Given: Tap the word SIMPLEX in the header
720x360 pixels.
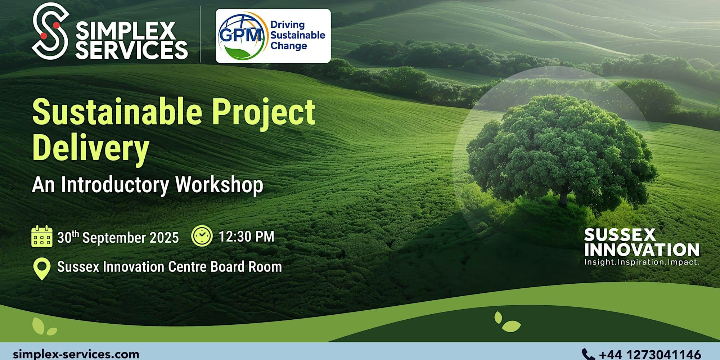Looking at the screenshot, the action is coord(126,31).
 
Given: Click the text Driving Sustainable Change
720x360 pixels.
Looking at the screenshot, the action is coord(298,35).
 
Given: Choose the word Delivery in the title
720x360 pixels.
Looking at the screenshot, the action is coord(91,149).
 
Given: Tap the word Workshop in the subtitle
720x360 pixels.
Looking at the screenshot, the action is coord(219,185).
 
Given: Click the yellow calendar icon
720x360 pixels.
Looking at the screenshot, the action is coord(42,237).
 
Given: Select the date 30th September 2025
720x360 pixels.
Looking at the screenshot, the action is coord(118,237).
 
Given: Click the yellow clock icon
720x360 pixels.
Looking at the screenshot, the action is coord(202,236).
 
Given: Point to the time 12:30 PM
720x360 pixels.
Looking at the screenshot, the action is coord(247,237).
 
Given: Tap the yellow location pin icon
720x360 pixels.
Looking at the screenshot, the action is coord(42,269).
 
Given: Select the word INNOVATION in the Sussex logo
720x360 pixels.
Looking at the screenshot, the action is coord(642,250).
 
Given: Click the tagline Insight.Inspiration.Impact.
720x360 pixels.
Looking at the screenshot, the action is coord(642,262).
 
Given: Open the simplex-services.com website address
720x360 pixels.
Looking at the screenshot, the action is coord(76,354).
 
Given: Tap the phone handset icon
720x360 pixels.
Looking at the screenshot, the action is coord(588,354).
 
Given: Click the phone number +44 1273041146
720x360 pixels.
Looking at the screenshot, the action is coord(650,355).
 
